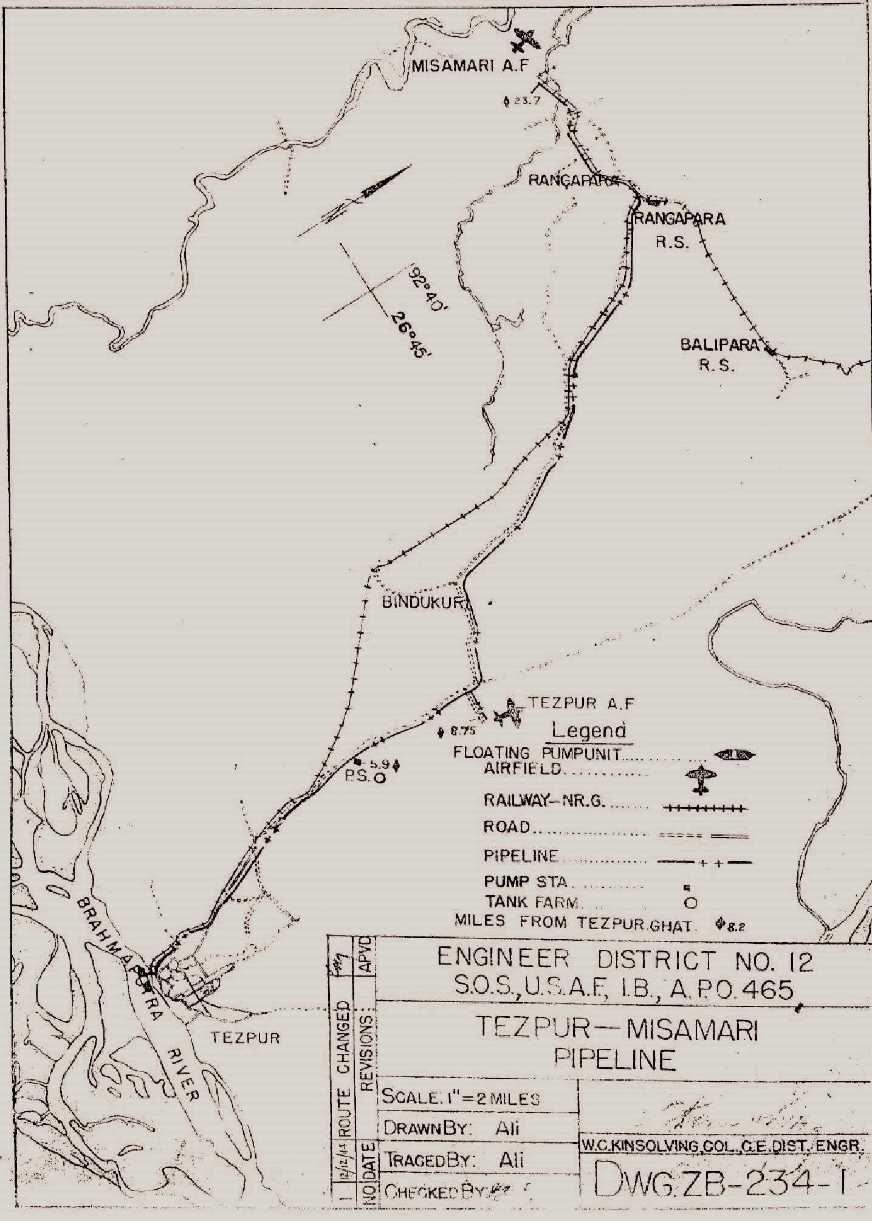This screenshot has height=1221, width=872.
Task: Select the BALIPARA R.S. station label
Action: [x=719, y=355]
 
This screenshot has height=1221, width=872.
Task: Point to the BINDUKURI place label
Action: [x=424, y=603]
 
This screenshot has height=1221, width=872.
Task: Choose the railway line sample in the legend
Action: [x=705, y=808]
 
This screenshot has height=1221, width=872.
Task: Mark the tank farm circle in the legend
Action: [x=690, y=903]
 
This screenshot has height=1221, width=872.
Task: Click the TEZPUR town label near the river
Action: [x=245, y=1037]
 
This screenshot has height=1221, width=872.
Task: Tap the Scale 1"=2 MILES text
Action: [x=460, y=1099]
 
